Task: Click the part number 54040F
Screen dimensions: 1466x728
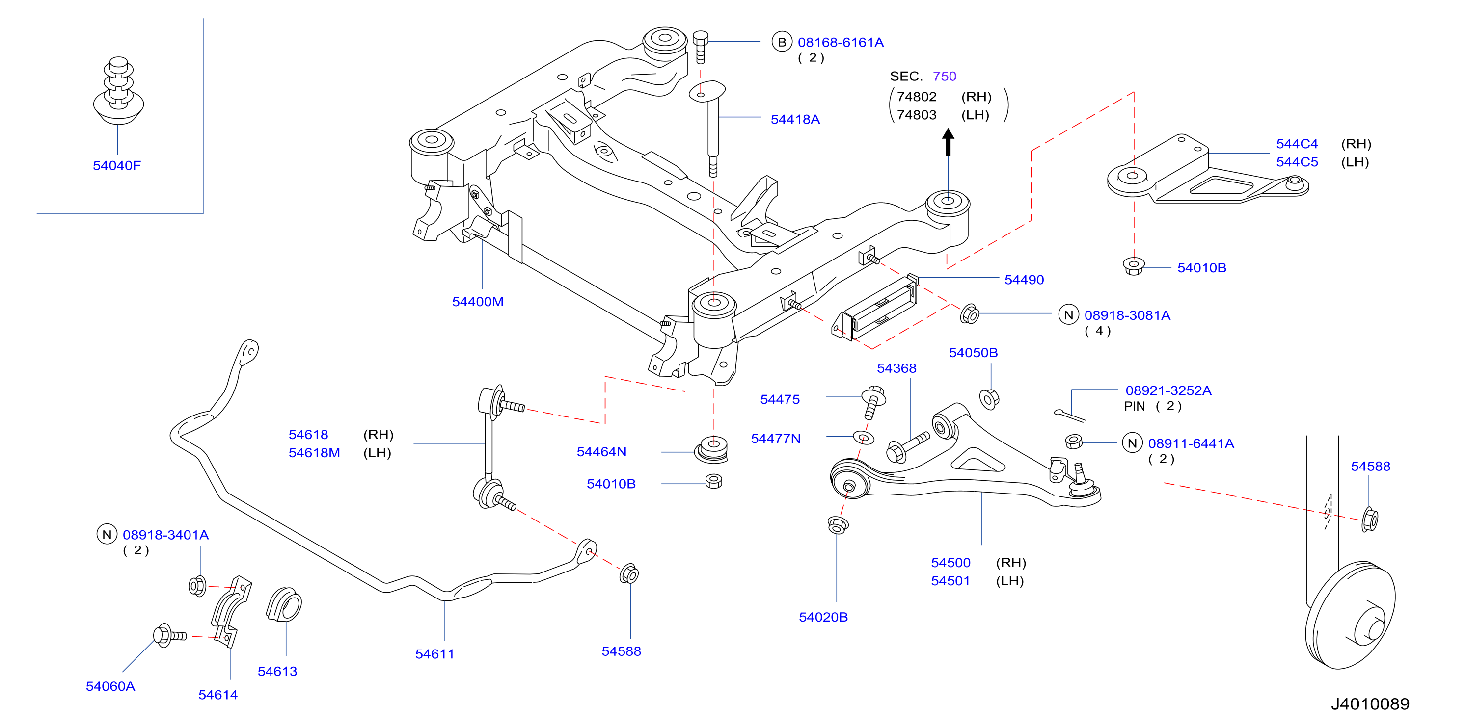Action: click(117, 165)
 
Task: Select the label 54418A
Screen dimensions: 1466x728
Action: click(795, 119)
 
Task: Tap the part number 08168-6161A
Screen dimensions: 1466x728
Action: click(841, 43)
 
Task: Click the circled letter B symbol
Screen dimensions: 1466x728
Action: click(782, 42)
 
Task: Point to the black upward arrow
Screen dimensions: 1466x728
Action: click(948, 142)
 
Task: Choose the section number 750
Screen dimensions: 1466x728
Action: click(945, 76)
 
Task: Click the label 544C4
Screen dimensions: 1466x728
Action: click(1297, 144)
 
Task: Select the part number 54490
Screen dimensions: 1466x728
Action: click(1024, 280)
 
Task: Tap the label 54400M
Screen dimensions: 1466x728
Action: click(478, 302)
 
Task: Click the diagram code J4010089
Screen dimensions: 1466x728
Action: click(1370, 704)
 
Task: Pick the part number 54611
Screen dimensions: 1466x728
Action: click(435, 654)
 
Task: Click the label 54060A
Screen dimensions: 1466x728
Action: click(110, 686)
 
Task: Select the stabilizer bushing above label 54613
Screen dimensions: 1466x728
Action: click(284, 604)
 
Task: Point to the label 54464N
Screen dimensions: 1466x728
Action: click(601, 452)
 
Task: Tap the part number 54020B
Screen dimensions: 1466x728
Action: click(823, 617)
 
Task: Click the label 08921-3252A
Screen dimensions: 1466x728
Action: click(1168, 390)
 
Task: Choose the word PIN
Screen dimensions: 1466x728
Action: click(1134, 407)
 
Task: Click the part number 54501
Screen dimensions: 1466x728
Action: click(950, 581)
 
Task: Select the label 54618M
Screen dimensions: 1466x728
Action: click(314, 453)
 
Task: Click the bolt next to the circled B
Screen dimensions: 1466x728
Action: click(701, 47)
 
